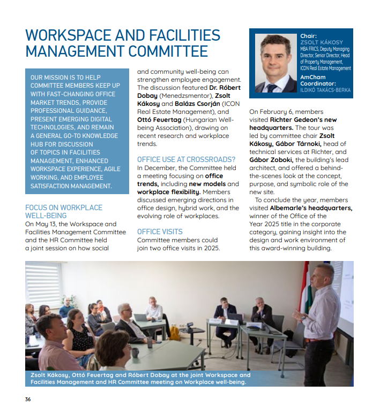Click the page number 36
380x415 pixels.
coord(28,399)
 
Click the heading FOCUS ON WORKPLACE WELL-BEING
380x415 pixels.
coord(63,211)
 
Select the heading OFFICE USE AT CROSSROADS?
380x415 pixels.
coord(186,159)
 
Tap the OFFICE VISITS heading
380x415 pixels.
coord(160,232)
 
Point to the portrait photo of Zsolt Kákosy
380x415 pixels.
coord(275,63)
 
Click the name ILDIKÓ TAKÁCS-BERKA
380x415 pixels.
coord(325,90)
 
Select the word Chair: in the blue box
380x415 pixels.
coord(309,36)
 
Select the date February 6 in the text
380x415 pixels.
coord(281,112)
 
